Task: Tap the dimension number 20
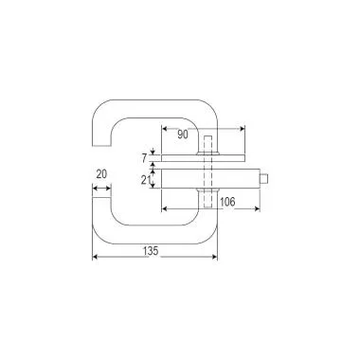point(101,173)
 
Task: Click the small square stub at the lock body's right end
point(269,178)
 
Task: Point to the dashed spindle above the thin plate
point(205,144)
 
